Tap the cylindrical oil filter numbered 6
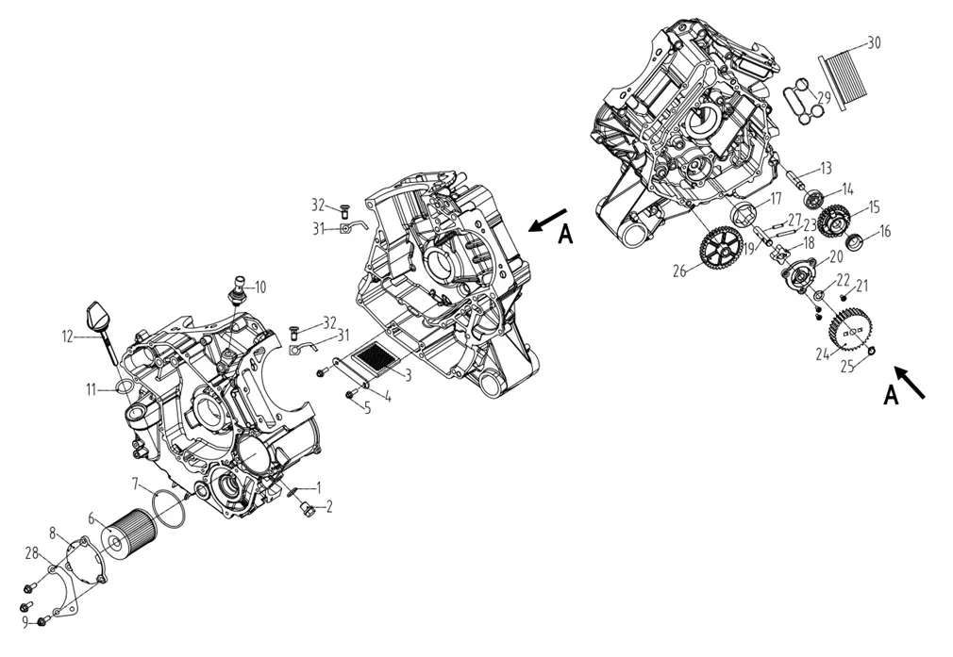(125, 535)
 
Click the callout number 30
(874, 42)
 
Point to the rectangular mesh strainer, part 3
(376, 358)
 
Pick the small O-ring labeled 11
(123, 386)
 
